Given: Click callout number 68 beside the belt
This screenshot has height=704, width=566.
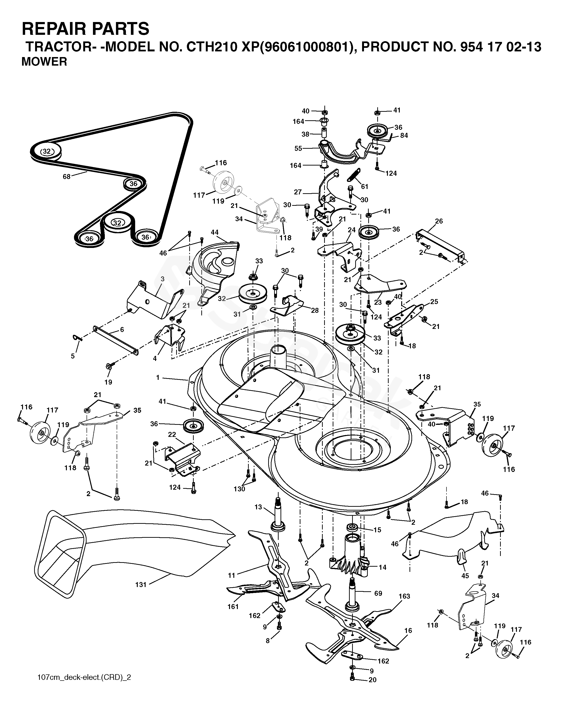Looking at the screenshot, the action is (67, 177).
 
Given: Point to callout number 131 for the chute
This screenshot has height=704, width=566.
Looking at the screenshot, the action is (141, 584).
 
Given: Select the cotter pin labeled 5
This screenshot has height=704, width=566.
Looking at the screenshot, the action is (77, 338).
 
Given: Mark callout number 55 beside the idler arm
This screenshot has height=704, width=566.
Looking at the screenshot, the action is (298, 148).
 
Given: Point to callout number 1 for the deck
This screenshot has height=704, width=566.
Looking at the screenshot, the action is (158, 377).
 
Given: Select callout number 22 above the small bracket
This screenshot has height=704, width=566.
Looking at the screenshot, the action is (172, 435).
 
